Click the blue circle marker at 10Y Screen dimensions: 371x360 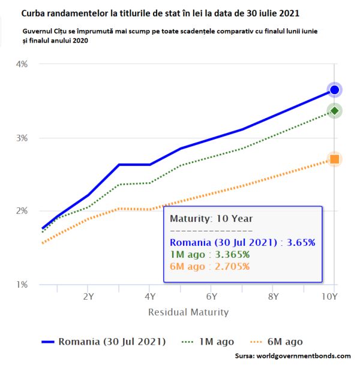(x=334, y=90)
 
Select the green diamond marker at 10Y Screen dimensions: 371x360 (x=334, y=110)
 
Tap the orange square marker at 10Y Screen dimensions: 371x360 (x=334, y=159)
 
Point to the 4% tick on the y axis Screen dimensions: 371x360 (x=20, y=64)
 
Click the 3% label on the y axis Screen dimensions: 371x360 (x=20, y=138)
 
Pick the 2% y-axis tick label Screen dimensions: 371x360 (x=20, y=211)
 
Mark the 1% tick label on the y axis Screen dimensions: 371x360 (x=20, y=285)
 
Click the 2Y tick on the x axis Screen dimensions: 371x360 (x=88, y=296)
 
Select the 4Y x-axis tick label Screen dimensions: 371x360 (x=149, y=296)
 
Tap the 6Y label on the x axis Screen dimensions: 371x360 (x=211, y=296)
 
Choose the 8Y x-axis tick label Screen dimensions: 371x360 (x=273, y=296)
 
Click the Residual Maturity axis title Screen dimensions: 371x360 (x=188, y=312)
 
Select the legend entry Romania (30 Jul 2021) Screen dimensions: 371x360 (x=112, y=342)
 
